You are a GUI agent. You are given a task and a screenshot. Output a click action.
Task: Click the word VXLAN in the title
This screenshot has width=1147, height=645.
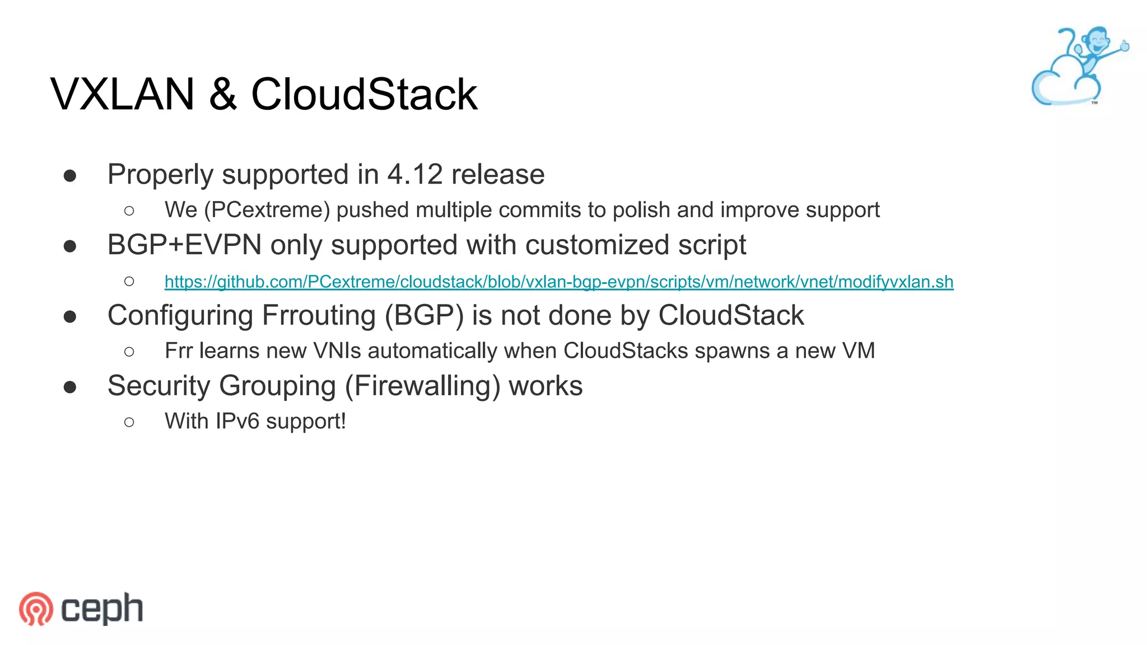pyautogui.click(x=122, y=94)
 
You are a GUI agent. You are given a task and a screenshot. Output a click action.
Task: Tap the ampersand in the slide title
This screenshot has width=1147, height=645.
pyautogui.click(x=222, y=94)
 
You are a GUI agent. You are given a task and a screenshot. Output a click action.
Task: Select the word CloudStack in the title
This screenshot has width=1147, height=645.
pyautogui.click(x=364, y=94)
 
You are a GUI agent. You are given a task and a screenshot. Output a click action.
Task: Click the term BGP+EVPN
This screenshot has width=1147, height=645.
pyautogui.click(x=184, y=245)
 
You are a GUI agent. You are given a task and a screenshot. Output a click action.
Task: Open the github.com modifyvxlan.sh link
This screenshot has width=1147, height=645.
pyautogui.click(x=558, y=282)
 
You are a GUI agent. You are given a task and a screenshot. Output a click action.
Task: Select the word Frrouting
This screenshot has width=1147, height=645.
pyautogui.click(x=318, y=315)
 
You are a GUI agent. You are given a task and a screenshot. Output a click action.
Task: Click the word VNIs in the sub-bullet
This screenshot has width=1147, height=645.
pyautogui.click(x=337, y=351)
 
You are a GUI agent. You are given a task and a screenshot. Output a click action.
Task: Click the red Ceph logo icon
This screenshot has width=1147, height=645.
pyautogui.click(x=36, y=609)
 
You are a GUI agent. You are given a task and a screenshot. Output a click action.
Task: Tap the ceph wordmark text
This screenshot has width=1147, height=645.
pyautogui.click(x=102, y=609)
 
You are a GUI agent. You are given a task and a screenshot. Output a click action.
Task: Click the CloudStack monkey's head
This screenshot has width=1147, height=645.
pyautogui.click(x=1094, y=40)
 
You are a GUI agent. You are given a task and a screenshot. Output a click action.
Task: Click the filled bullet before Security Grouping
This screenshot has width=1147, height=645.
pyautogui.click(x=70, y=386)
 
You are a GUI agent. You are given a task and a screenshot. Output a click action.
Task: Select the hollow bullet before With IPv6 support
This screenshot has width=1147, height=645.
pyautogui.click(x=129, y=422)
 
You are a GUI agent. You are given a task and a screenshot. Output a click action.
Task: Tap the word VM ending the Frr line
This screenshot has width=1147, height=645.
pyautogui.click(x=858, y=351)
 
